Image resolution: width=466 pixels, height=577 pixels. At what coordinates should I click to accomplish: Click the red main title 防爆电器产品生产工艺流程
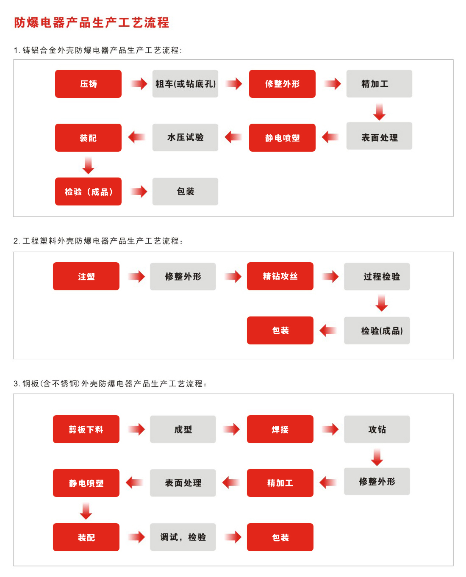(92, 22)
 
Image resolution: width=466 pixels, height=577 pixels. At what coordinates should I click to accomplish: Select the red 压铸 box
(88, 84)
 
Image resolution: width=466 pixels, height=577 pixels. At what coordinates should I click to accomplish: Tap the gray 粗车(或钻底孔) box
(185, 84)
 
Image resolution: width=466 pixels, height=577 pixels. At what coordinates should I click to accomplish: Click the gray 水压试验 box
(185, 137)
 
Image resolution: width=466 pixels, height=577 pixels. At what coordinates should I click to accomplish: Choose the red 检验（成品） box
(88, 191)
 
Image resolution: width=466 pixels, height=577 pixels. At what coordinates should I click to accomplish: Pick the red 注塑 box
(86, 276)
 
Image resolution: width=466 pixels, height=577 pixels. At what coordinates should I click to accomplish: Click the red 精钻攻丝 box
(280, 276)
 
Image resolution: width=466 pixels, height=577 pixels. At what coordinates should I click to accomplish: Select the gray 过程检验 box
(377, 276)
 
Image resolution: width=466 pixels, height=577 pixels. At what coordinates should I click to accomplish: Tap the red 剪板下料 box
(86, 429)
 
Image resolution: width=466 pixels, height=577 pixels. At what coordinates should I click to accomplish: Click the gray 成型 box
(183, 429)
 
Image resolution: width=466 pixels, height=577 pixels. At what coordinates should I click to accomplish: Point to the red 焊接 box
(280, 429)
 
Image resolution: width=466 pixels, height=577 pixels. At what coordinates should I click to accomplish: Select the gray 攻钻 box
(377, 429)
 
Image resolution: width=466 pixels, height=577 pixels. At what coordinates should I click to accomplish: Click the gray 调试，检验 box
(183, 537)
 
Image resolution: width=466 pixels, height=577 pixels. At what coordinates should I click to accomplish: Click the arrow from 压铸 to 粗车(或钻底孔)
(139, 84)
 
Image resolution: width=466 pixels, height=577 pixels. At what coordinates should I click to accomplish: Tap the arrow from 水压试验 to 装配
(136, 137)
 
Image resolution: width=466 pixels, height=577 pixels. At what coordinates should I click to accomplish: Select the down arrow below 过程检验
(381, 303)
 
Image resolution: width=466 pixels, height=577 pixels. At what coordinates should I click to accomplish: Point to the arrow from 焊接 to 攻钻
(330, 429)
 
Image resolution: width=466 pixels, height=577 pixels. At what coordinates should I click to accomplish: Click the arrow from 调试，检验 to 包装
(233, 537)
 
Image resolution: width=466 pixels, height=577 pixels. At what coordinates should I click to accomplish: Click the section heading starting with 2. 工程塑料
(98, 241)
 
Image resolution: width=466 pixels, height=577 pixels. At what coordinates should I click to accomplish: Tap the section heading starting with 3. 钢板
(110, 383)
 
